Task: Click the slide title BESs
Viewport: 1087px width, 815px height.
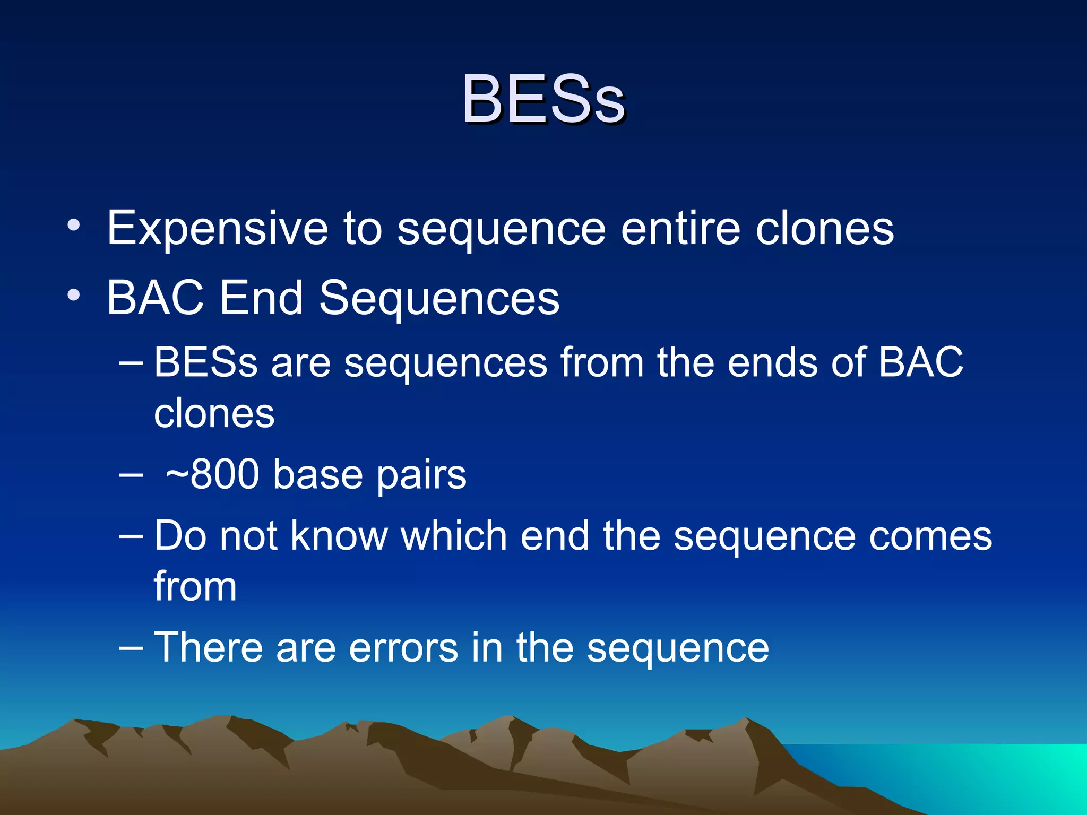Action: point(543,99)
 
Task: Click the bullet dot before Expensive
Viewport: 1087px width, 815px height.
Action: point(74,226)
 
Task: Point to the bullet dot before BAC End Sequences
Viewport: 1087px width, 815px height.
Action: point(74,295)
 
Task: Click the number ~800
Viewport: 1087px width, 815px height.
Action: point(212,474)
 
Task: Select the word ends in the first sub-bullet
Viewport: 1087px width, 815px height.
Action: point(772,362)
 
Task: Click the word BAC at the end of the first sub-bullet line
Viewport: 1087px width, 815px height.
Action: point(921,362)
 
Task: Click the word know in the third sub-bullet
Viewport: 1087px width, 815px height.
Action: point(339,536)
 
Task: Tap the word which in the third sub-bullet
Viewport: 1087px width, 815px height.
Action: point(454,536)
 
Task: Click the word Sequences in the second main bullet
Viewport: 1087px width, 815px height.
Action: point(439,299)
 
